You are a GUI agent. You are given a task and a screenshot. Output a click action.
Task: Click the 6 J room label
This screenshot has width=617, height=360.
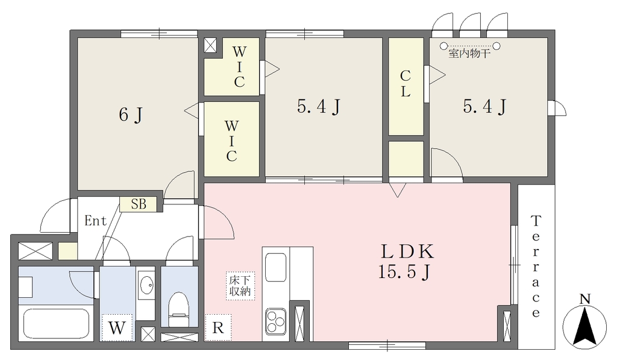point(131,115)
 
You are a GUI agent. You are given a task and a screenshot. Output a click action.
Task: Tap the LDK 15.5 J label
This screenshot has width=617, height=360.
point(406,262)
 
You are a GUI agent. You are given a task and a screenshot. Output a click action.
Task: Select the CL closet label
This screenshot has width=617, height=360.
point(406,83)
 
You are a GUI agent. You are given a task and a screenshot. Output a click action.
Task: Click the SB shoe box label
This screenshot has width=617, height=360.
point(139,204)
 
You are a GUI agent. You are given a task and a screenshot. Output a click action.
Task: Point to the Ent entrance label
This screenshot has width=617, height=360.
point(95,221)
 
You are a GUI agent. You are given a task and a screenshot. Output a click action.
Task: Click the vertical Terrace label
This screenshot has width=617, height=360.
point(536,267)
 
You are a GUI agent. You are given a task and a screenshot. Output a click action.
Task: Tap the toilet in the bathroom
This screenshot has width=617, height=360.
point(179,309)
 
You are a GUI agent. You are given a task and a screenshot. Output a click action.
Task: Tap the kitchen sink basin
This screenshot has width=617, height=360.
point(275,268)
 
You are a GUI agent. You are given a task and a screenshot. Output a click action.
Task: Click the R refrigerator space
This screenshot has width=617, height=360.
point(218,327)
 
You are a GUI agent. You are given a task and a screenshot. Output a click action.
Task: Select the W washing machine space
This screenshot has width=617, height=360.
point(116,327)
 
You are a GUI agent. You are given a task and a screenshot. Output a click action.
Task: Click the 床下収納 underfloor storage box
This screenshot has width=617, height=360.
point(240,286)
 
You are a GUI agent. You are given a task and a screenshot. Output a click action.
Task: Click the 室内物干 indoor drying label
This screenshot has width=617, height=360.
point(469,54)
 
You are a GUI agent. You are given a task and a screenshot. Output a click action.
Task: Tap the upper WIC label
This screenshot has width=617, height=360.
point(239,66)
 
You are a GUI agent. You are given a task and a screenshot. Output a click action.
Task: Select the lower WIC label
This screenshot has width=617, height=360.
point(231,141)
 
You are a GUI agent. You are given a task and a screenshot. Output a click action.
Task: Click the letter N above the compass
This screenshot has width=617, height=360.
point(585,299)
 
